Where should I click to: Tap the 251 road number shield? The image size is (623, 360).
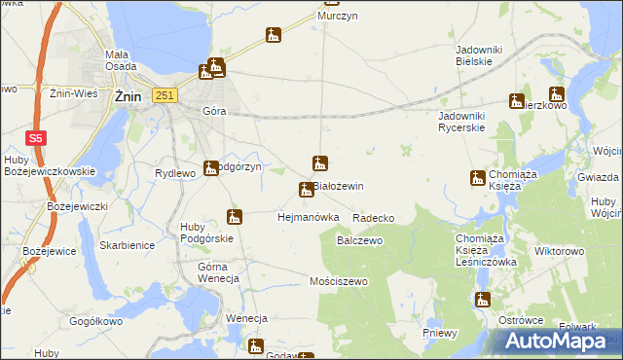tap(165, 94)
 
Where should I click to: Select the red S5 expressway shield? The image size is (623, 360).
tap(35, 138)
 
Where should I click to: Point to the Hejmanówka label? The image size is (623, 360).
tap(308, 217)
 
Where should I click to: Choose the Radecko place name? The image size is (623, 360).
tap(374, 218)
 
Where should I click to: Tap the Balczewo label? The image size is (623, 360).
tap(358, 239)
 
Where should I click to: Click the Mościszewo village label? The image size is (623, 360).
tap(336, 281)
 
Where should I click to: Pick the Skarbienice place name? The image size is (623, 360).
tap(127, 245)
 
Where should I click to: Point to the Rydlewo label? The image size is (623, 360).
tap(176, 172)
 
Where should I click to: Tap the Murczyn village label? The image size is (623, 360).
tap(333, 18)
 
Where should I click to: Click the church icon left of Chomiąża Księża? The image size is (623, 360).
tap(477, 177)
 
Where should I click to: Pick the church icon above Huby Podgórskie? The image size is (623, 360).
tap(234, 216)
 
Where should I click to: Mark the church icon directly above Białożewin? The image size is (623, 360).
tap(318, 162)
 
